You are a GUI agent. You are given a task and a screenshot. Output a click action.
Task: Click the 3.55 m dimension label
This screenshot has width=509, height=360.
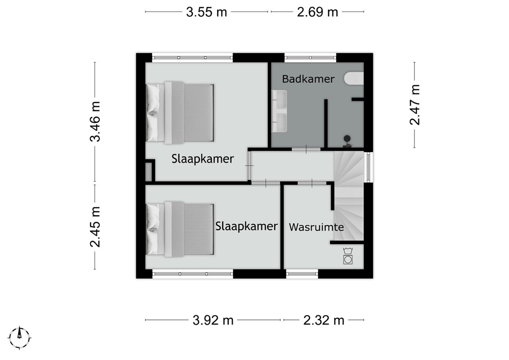pyautogui.click(x=206, y=12)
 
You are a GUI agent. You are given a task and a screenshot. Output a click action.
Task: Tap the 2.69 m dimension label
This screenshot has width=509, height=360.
pyautogui.click(x=318, y=12)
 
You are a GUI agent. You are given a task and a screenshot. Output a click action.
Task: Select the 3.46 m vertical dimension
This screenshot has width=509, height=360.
pyautogui.click(x=95, y=122)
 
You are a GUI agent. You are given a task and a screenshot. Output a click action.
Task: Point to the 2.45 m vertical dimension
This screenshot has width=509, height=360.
pyautogui.click(x=95, y=227)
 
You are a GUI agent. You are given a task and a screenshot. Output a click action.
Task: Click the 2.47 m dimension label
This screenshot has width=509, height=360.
pyautogui.click(x=415, y=104)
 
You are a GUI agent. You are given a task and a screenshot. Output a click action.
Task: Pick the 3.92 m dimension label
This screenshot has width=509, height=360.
pyautogui.click(x=213, y=320)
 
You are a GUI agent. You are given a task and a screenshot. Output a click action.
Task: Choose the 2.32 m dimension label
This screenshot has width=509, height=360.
pyautogui.click(x=324, y=320)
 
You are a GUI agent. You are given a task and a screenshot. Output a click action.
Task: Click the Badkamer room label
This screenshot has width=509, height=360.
pyautogui.click(x=308, y=79)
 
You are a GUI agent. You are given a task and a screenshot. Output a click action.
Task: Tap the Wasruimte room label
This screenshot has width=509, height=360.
pyautogui.click(x=316, y=227)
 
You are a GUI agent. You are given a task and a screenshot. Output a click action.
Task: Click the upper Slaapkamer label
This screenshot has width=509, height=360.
pyautogui.click(x=203, y=159)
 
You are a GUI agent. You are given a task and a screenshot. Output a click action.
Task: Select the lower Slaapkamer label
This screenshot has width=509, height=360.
pyautogui.click(x=247, y=226)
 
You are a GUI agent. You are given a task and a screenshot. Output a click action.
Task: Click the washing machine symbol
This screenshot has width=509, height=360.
pyautogui.click(x=348, y=256)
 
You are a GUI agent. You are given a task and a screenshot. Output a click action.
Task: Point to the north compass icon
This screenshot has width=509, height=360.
pyautogui.click(x=20, y=338)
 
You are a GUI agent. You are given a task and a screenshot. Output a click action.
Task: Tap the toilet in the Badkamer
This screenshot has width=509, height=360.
pyautogui.click(x=354, y=79)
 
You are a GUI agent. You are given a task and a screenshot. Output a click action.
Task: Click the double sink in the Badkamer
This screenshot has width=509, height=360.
pyautogui.click(x=279, y=111)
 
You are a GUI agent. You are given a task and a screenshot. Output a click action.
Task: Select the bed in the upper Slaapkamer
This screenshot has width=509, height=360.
pyautogui.click(x=180, y=113)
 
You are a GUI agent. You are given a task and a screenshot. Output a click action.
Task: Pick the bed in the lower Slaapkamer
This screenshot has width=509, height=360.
pyautogui.click(x=180, y=229)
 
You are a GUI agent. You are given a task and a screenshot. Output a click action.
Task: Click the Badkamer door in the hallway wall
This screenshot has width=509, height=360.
pyautogui.click(x=306, y=149)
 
